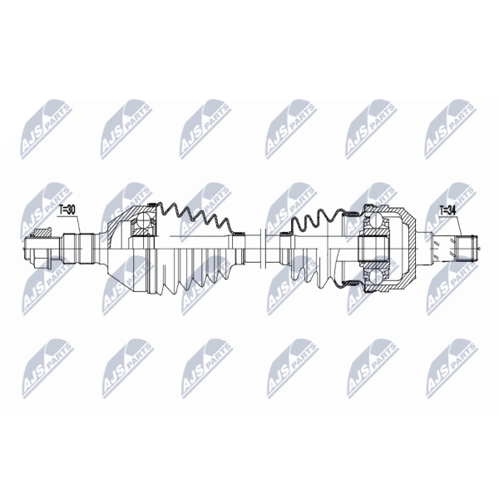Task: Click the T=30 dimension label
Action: tap(67, 210)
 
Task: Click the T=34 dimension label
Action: tap(447, 210)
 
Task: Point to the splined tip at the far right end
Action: tap(467, 248)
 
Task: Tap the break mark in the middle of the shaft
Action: tap(263, 248)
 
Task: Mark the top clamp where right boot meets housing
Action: tap(351, 213)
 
